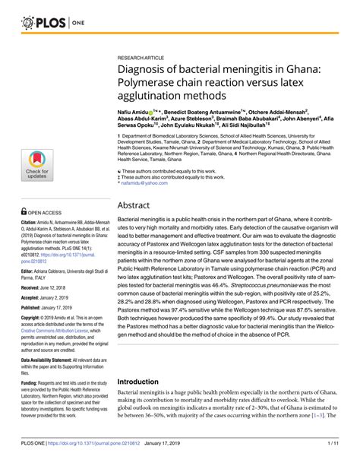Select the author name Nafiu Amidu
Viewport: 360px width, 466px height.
[137, 111]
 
